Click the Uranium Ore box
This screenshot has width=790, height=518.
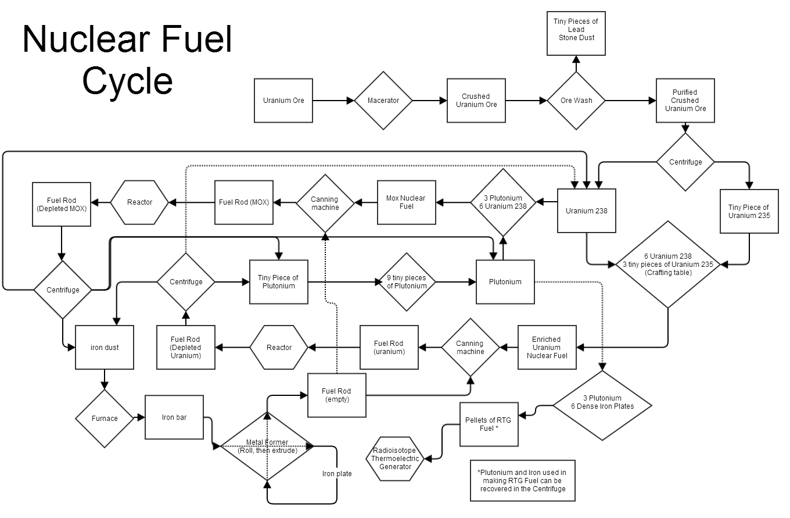(x=283, y=101)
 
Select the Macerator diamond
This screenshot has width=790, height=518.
(x=383, y=101)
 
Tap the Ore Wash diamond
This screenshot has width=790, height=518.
(x=576, y=101)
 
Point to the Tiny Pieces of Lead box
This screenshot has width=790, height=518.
(x=576, y=33)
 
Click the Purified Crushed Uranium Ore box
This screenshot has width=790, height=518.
(x=685, y=101)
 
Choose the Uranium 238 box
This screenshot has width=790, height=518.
(x=587, y=210)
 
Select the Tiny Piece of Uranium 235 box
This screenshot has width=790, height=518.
(x=749, y=211)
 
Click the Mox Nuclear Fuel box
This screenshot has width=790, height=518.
(x=407, y=202)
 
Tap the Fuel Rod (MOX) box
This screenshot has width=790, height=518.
(x=244, y=202)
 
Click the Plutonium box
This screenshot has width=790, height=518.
(x=505, y=282)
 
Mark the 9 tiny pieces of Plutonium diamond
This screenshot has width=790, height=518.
(x=407, y=282)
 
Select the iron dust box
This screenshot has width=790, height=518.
(x=105, y=348)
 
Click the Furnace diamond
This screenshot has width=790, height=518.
(x=105, y=419)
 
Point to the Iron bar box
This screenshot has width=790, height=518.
(x=174, y=417)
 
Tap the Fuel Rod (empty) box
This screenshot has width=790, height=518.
(x=337, y=395)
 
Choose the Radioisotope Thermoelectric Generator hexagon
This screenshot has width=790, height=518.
(x=395, y=458)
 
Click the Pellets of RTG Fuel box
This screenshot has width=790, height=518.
(x=489, y=424)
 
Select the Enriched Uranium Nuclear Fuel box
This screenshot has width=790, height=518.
(x=547, y=348)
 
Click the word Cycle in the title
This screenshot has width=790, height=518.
(x=128, y=81)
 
